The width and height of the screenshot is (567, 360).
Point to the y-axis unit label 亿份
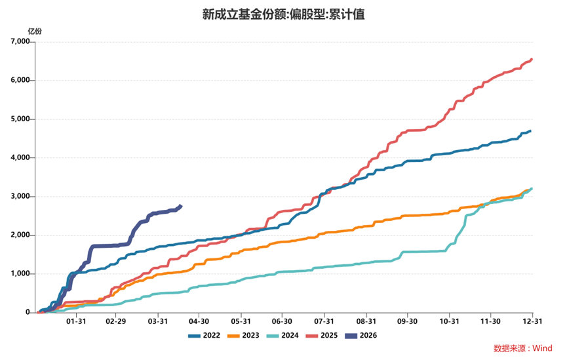(x=35, y=31)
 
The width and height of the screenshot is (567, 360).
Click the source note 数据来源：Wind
(x=523, y=348)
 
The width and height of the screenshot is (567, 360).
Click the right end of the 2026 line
(x=181, y=206)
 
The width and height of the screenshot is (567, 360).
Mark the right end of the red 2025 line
(x=532, y=59)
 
